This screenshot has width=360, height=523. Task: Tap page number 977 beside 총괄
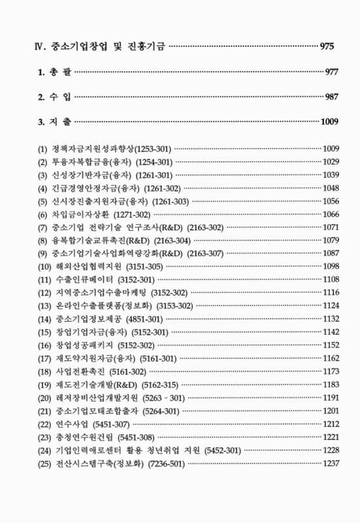[x=332, y=71]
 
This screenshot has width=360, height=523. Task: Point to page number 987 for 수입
[x=332, y=97]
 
